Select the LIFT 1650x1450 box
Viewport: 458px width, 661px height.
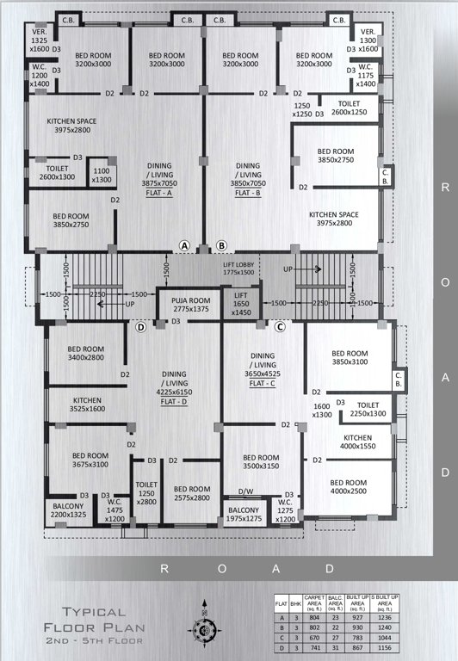(241, 304)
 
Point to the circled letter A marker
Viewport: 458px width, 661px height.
(184, 245)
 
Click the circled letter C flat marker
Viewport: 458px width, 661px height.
(280, 326)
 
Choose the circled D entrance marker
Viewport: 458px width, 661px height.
(141, 326)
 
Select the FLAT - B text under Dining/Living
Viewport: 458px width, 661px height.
(248, 193)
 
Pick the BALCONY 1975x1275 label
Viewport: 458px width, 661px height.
(243, 515)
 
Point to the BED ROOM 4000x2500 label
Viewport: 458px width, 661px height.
(349, 487)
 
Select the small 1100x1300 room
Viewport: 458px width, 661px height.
(102, 175)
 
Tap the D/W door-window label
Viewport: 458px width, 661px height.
(246, 494)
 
